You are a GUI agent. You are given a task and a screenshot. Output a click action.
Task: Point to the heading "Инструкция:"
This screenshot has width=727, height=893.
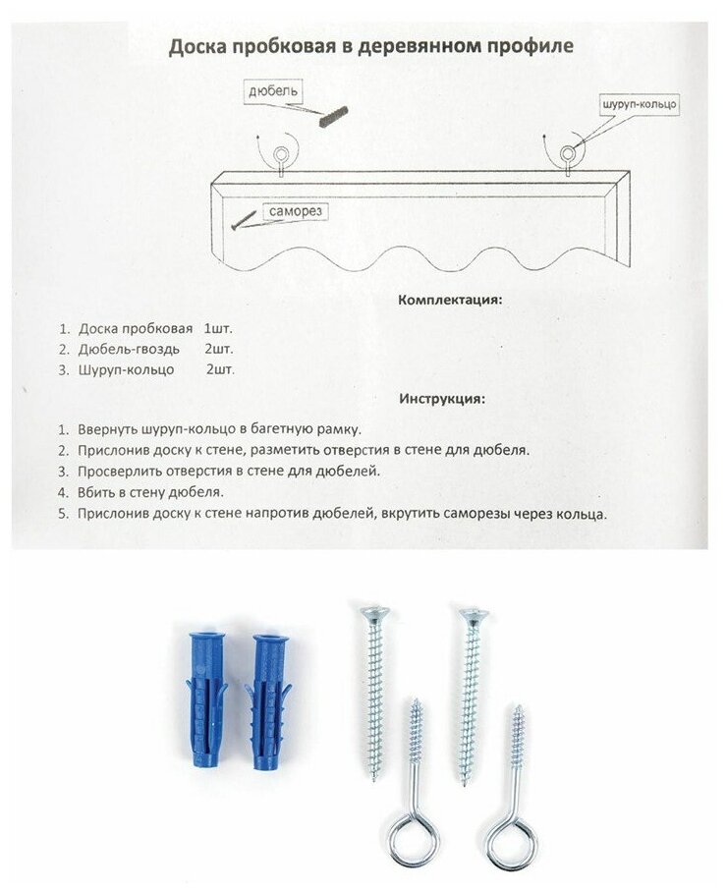(441, 399)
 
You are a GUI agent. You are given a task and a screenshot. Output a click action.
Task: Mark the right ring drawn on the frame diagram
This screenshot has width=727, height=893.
(569, 153)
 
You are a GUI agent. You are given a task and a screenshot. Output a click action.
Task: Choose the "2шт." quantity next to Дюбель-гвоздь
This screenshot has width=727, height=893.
(219, 348)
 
